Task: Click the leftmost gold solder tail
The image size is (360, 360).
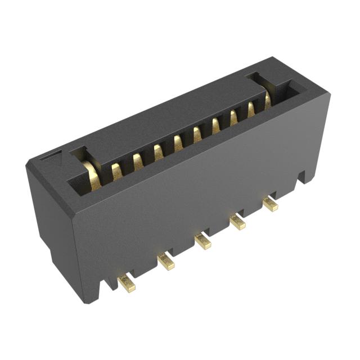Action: tap(127, 284)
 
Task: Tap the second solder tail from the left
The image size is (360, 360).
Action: tap(166, 262)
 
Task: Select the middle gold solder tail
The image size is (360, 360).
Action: tap(203, 242)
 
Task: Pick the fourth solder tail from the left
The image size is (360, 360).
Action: tap(237, 222)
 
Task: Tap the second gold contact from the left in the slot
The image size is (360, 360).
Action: tap(116, 171)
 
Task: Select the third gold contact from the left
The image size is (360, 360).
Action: tap(137, 161)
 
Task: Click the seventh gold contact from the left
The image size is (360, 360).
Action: tap(216, 125)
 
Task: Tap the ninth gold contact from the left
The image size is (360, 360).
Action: tap(251, 109)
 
